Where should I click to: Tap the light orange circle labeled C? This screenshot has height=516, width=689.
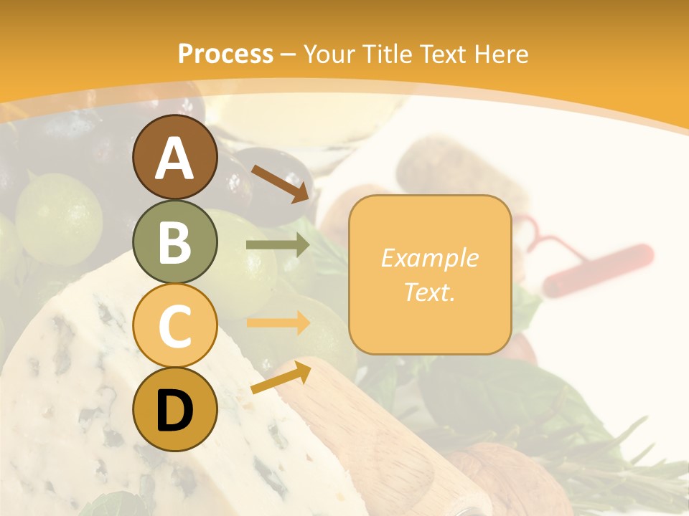pos(174,325)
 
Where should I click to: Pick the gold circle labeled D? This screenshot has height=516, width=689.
pos(174,409)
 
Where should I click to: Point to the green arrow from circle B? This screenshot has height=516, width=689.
pos(278,245)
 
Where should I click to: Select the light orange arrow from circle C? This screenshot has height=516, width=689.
pos(278,322)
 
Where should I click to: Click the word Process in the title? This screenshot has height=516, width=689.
pos(225,54)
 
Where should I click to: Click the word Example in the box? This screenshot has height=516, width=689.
pos(429,258)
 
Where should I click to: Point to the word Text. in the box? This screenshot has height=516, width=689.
pos(429,292)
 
